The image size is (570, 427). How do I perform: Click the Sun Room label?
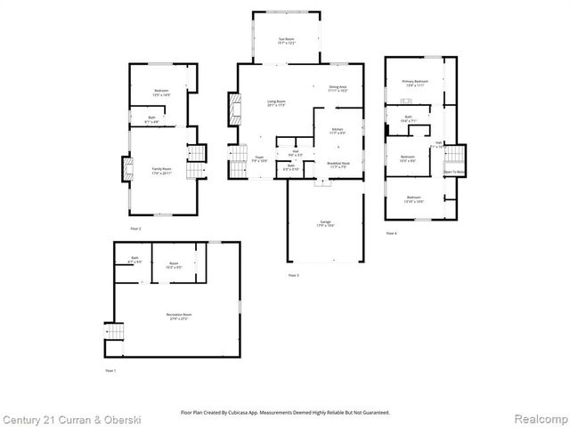[286, 39]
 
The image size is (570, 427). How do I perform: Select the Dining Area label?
[338, 88]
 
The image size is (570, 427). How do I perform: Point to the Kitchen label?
[338, 131]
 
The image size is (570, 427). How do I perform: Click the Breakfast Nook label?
[338, 165]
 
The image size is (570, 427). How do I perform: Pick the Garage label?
[326, 222]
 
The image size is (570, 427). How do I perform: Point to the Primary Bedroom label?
[414, 82]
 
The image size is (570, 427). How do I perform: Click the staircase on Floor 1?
[111, 334]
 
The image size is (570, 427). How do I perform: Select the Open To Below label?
[455, 172]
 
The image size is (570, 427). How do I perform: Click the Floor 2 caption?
[136, 229]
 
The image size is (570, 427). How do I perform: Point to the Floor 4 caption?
[392, 233]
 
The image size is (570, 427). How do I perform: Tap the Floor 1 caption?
[110, 369]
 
